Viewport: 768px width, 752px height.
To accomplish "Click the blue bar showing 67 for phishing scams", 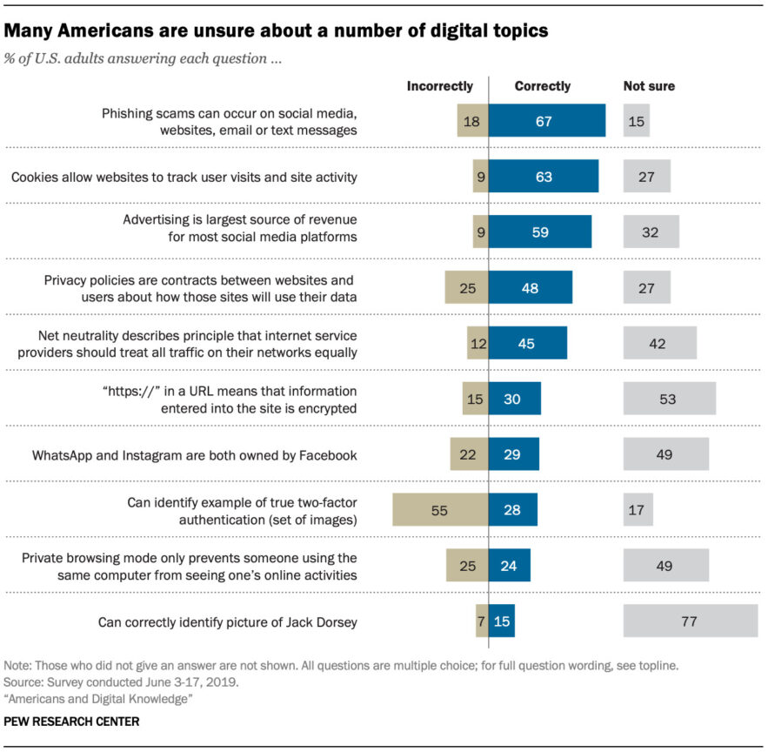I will pyautogui.click(x=546, y=121).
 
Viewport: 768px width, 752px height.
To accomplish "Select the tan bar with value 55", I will pyautogui.click(x=439, y=510).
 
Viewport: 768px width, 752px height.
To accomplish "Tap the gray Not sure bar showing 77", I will pyautogui.click(x=691, y=621).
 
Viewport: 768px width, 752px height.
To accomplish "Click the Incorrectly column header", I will pyautogui.click(x=440, y=86).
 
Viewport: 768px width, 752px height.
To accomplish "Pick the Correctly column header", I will pyautogui.click(x=543, y=86).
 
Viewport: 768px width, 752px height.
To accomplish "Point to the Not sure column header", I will pyautogui.click(x=649, y=86).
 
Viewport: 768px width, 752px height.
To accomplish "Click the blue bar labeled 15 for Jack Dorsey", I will pyautogui.click(x=502, y=621).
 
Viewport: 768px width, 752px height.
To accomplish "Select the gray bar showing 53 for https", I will pyautogui.click(x=669, y=399).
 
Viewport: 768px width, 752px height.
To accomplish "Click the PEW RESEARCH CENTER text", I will pyautogui.click(x=71, y=722).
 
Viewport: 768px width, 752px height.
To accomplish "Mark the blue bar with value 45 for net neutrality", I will pyautogui.click(x=528, y=343).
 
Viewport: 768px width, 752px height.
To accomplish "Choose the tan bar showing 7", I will pyautogui.click(x=482, y=621).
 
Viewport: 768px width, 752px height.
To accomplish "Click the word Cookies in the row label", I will pyautogui.click(x=36, y=177).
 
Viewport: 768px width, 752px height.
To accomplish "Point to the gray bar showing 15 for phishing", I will pyautogui.click(x=637, y=121).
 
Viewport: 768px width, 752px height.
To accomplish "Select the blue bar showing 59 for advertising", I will pyautogui.click(x=540, y=232).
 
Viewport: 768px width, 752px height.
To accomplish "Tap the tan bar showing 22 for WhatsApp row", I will pyautogui.click(x=469, y=454).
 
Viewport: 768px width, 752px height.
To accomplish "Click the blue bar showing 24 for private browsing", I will pyautogui.click(x=510, y=566).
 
